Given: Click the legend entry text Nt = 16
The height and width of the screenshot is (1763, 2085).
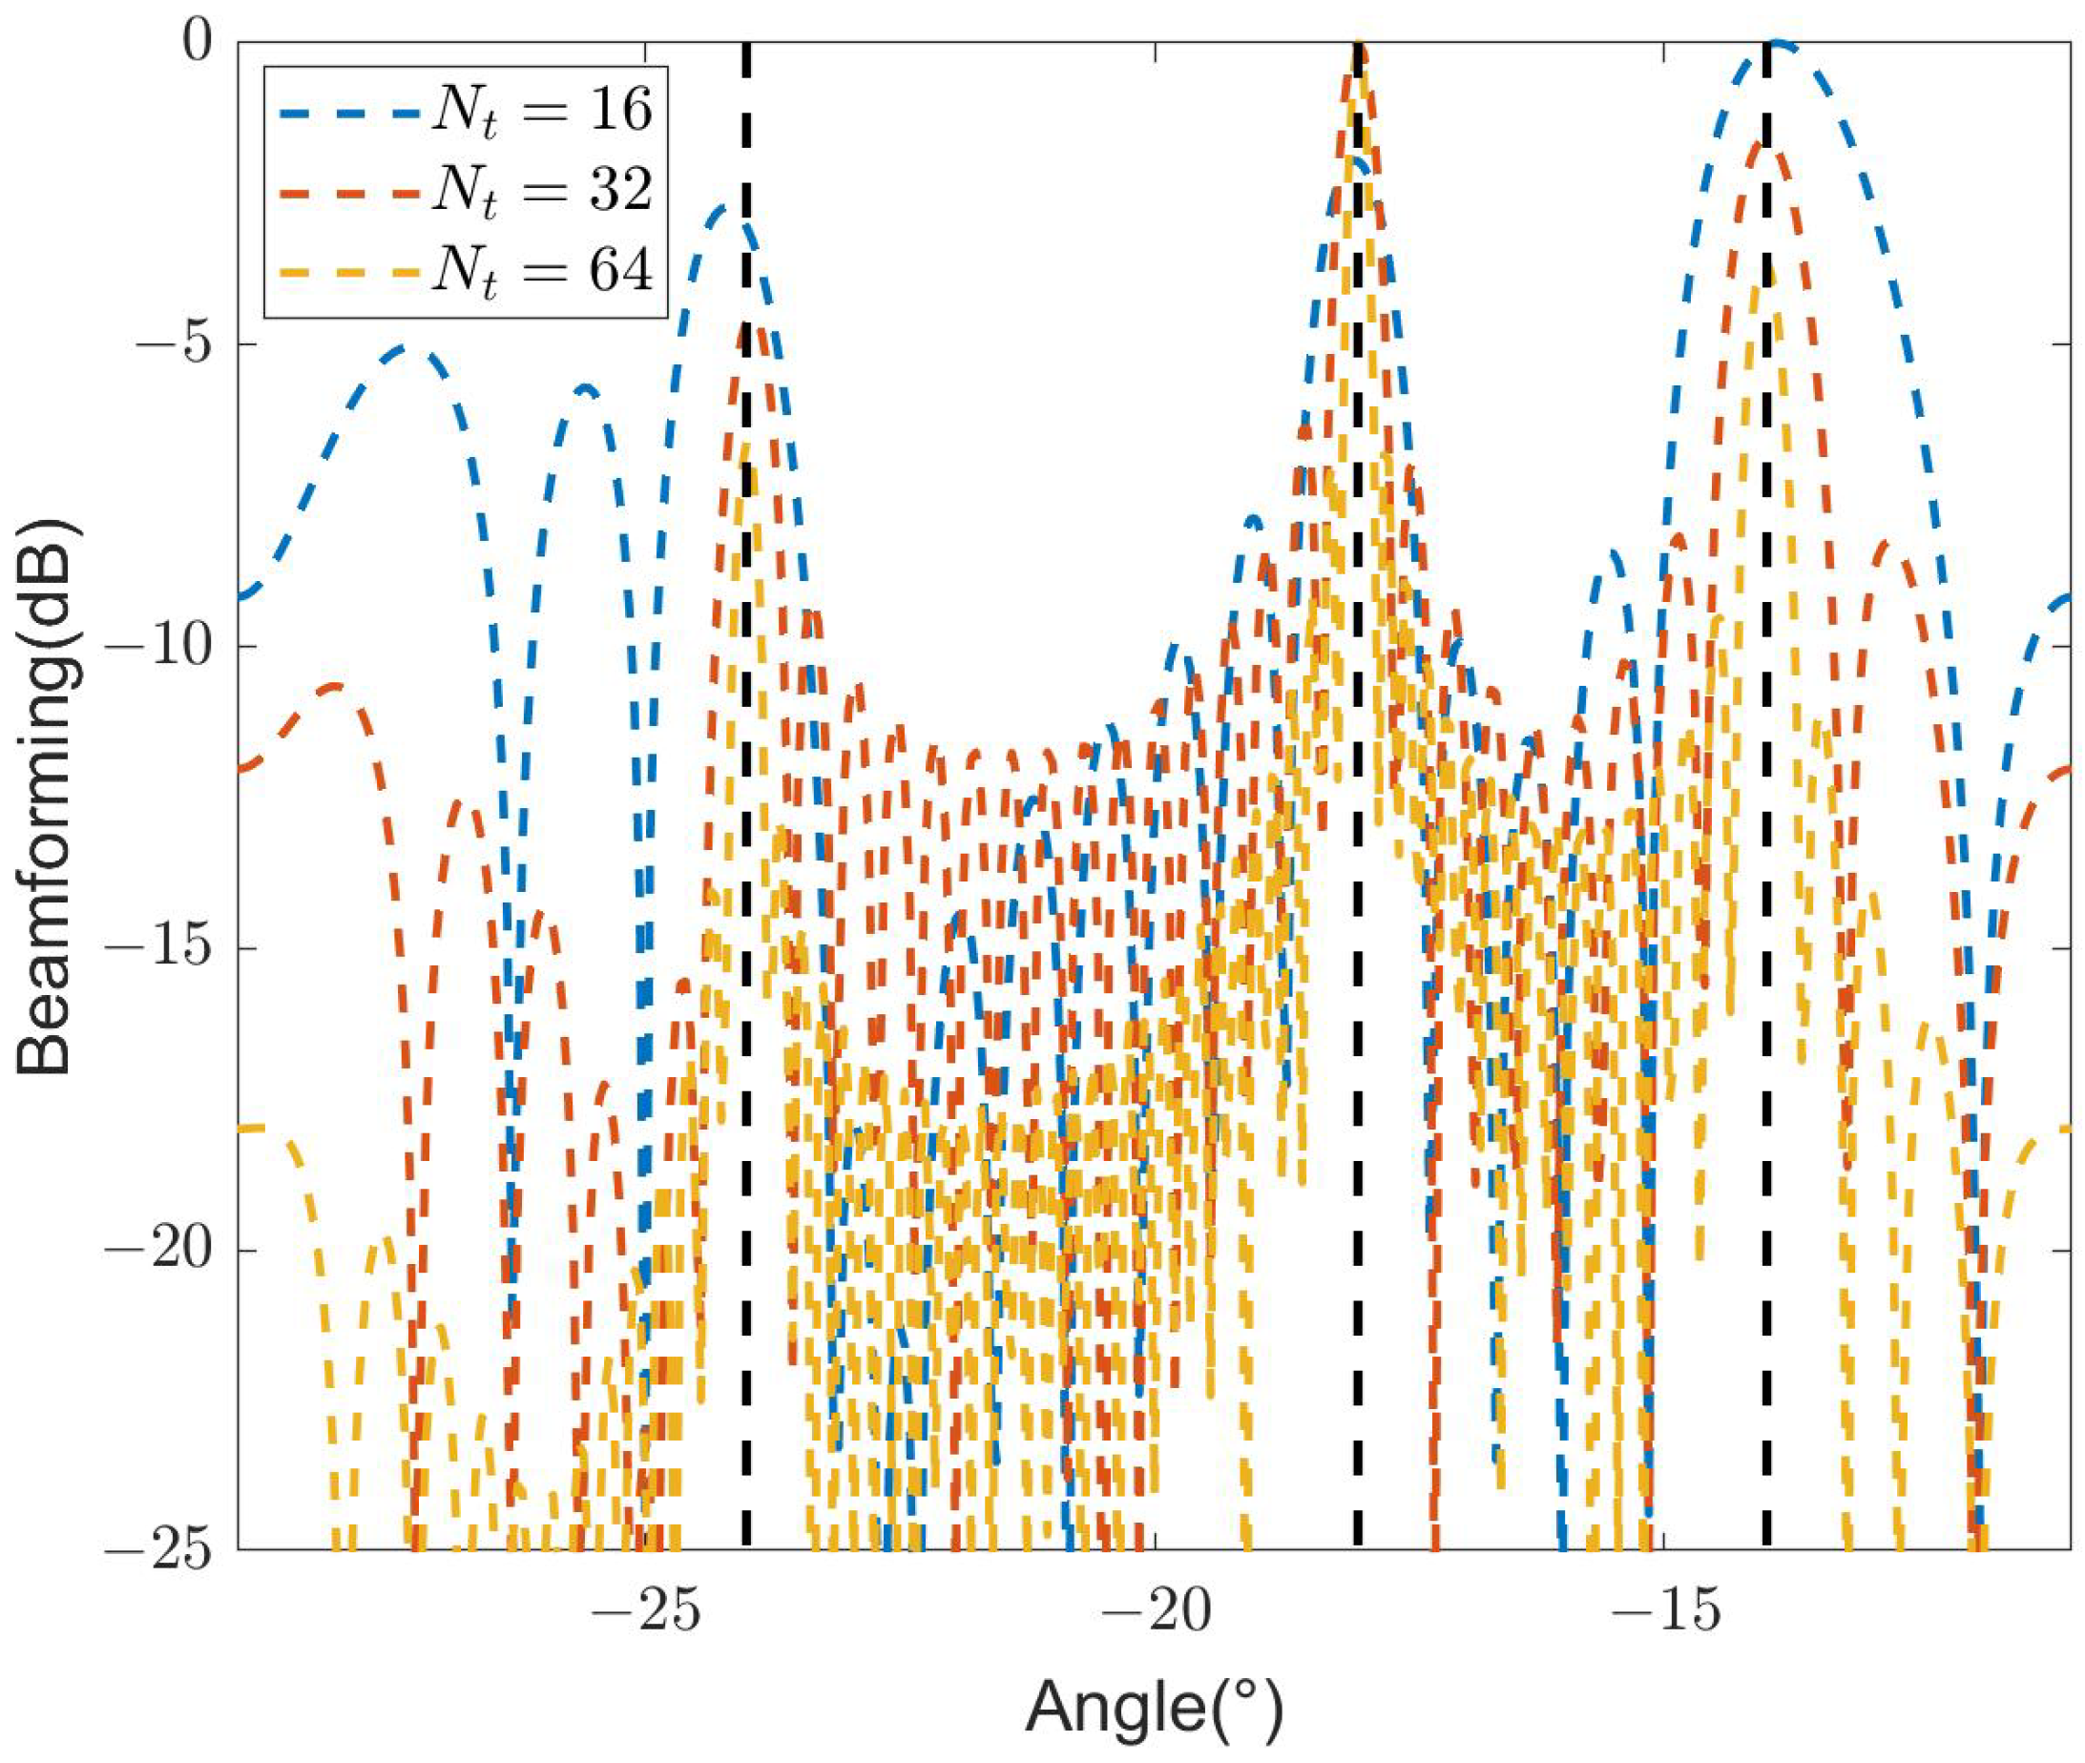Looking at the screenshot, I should point(541,110).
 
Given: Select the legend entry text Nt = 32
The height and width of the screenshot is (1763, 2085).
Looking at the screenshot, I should point(541,191).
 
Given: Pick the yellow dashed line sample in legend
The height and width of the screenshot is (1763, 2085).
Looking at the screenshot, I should point(345,271).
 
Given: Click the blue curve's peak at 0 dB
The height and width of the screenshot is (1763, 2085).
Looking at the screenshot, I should point(1777,45).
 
